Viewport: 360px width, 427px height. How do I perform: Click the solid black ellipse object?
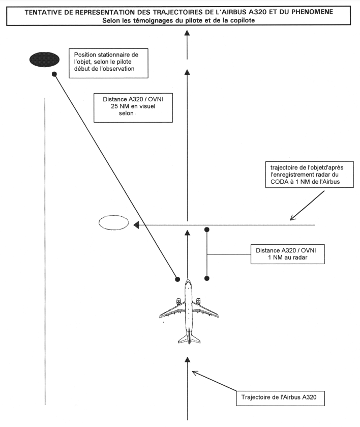click(x=44, y=60)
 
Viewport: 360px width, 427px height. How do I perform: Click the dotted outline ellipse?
click(x=113, y=223)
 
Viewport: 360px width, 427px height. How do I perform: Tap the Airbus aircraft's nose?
click(x=188, y=280)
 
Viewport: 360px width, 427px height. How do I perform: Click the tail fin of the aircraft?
click(x=189, y=336)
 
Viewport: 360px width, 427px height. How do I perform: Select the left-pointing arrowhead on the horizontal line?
click(x=136, y=225)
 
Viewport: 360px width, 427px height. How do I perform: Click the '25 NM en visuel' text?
click(x=133, y=106)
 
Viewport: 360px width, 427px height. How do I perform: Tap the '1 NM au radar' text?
click(x=288, y=258)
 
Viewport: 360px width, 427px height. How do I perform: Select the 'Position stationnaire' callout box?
click(x=108, y=64)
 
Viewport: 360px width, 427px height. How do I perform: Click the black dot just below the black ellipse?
click(x=54, y=74)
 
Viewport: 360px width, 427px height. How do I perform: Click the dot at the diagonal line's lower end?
click(x=177, y=279)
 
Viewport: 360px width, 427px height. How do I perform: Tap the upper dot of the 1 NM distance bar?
click(x=207, y=230)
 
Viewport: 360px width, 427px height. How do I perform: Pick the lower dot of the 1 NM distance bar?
click(x=207, y=278)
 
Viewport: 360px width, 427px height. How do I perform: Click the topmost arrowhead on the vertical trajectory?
click(x=187, y=33)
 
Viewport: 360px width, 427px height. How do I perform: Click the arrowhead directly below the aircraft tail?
click(x=187, y=360)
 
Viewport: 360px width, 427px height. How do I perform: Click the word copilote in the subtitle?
click(x=242, y=20)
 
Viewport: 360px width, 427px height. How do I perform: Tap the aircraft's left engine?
click(x=178, y=301)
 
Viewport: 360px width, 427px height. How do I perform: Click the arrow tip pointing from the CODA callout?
click(x=290, y=220)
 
